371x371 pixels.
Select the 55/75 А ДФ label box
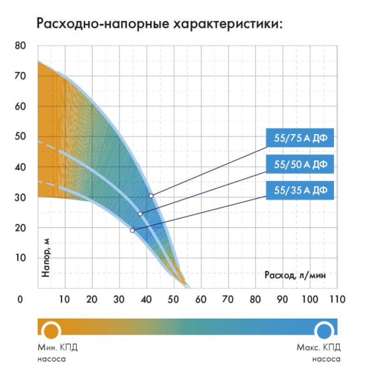coord(300,138)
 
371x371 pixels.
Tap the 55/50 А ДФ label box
coord(300,164)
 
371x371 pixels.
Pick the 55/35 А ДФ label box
coord(300,190)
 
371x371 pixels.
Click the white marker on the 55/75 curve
coord(151,196)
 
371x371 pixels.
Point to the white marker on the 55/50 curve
coord(140,214)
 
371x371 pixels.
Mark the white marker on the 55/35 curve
coord(132,230)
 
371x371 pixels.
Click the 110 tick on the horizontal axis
coord(337,300)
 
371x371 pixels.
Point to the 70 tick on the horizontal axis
coord(228,300)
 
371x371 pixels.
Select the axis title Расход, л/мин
coord(295,275)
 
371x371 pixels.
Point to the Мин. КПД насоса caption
coord(54,352)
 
